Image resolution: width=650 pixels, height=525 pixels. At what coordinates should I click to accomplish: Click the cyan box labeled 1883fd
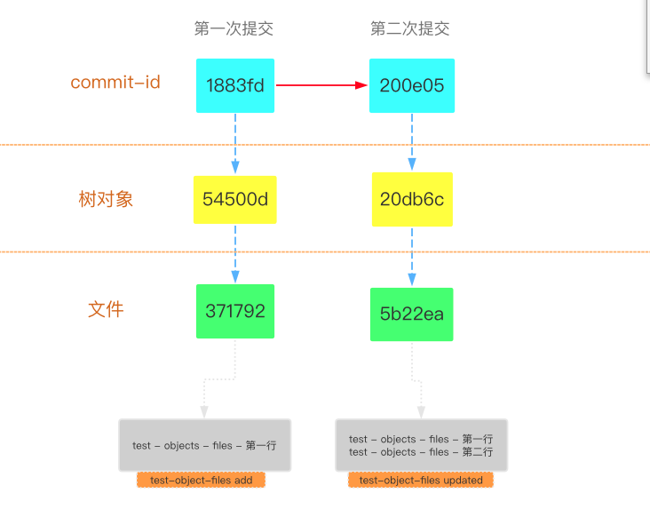(x=235, y=86)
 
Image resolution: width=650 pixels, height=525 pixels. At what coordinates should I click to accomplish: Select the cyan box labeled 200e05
(x=412, y=86)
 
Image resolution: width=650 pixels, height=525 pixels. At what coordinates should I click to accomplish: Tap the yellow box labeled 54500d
(x=235, y=199)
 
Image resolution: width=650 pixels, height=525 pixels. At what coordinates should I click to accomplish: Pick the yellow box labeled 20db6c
(x=412, y=199)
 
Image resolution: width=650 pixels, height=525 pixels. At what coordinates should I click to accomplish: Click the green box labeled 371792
(x=235, y=311)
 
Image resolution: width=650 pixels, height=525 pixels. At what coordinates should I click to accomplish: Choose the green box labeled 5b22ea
(x=412, y=314)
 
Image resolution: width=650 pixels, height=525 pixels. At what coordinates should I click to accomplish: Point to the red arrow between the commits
(x=321, y=85)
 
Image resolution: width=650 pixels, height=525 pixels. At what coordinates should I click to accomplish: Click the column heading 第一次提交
(x=234, y=28)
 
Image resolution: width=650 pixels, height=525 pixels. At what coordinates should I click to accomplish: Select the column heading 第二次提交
(x=410, y=28)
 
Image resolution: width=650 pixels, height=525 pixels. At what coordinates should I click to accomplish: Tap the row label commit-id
(x=115, y=83)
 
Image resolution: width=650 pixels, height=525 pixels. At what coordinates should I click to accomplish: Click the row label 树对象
(x=106, y=199)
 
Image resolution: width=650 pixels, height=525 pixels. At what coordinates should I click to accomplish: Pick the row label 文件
(x=106, y=309)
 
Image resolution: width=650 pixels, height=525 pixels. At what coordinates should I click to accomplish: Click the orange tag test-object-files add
(x=201, y=480)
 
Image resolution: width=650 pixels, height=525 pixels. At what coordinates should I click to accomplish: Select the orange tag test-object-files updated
(x=421, y=480)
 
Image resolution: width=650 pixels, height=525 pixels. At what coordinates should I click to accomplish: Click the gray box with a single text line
(x=205, y=445)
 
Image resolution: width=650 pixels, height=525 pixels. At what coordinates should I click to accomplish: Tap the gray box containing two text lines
(x=421, y=445)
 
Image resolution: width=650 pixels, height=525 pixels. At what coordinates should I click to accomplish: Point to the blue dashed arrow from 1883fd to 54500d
(x=235, y=143)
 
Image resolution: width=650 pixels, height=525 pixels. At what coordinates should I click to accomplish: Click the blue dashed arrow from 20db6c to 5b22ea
(x=412, y=256)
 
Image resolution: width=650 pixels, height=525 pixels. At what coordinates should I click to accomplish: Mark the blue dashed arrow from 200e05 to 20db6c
(x=412, y=141)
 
